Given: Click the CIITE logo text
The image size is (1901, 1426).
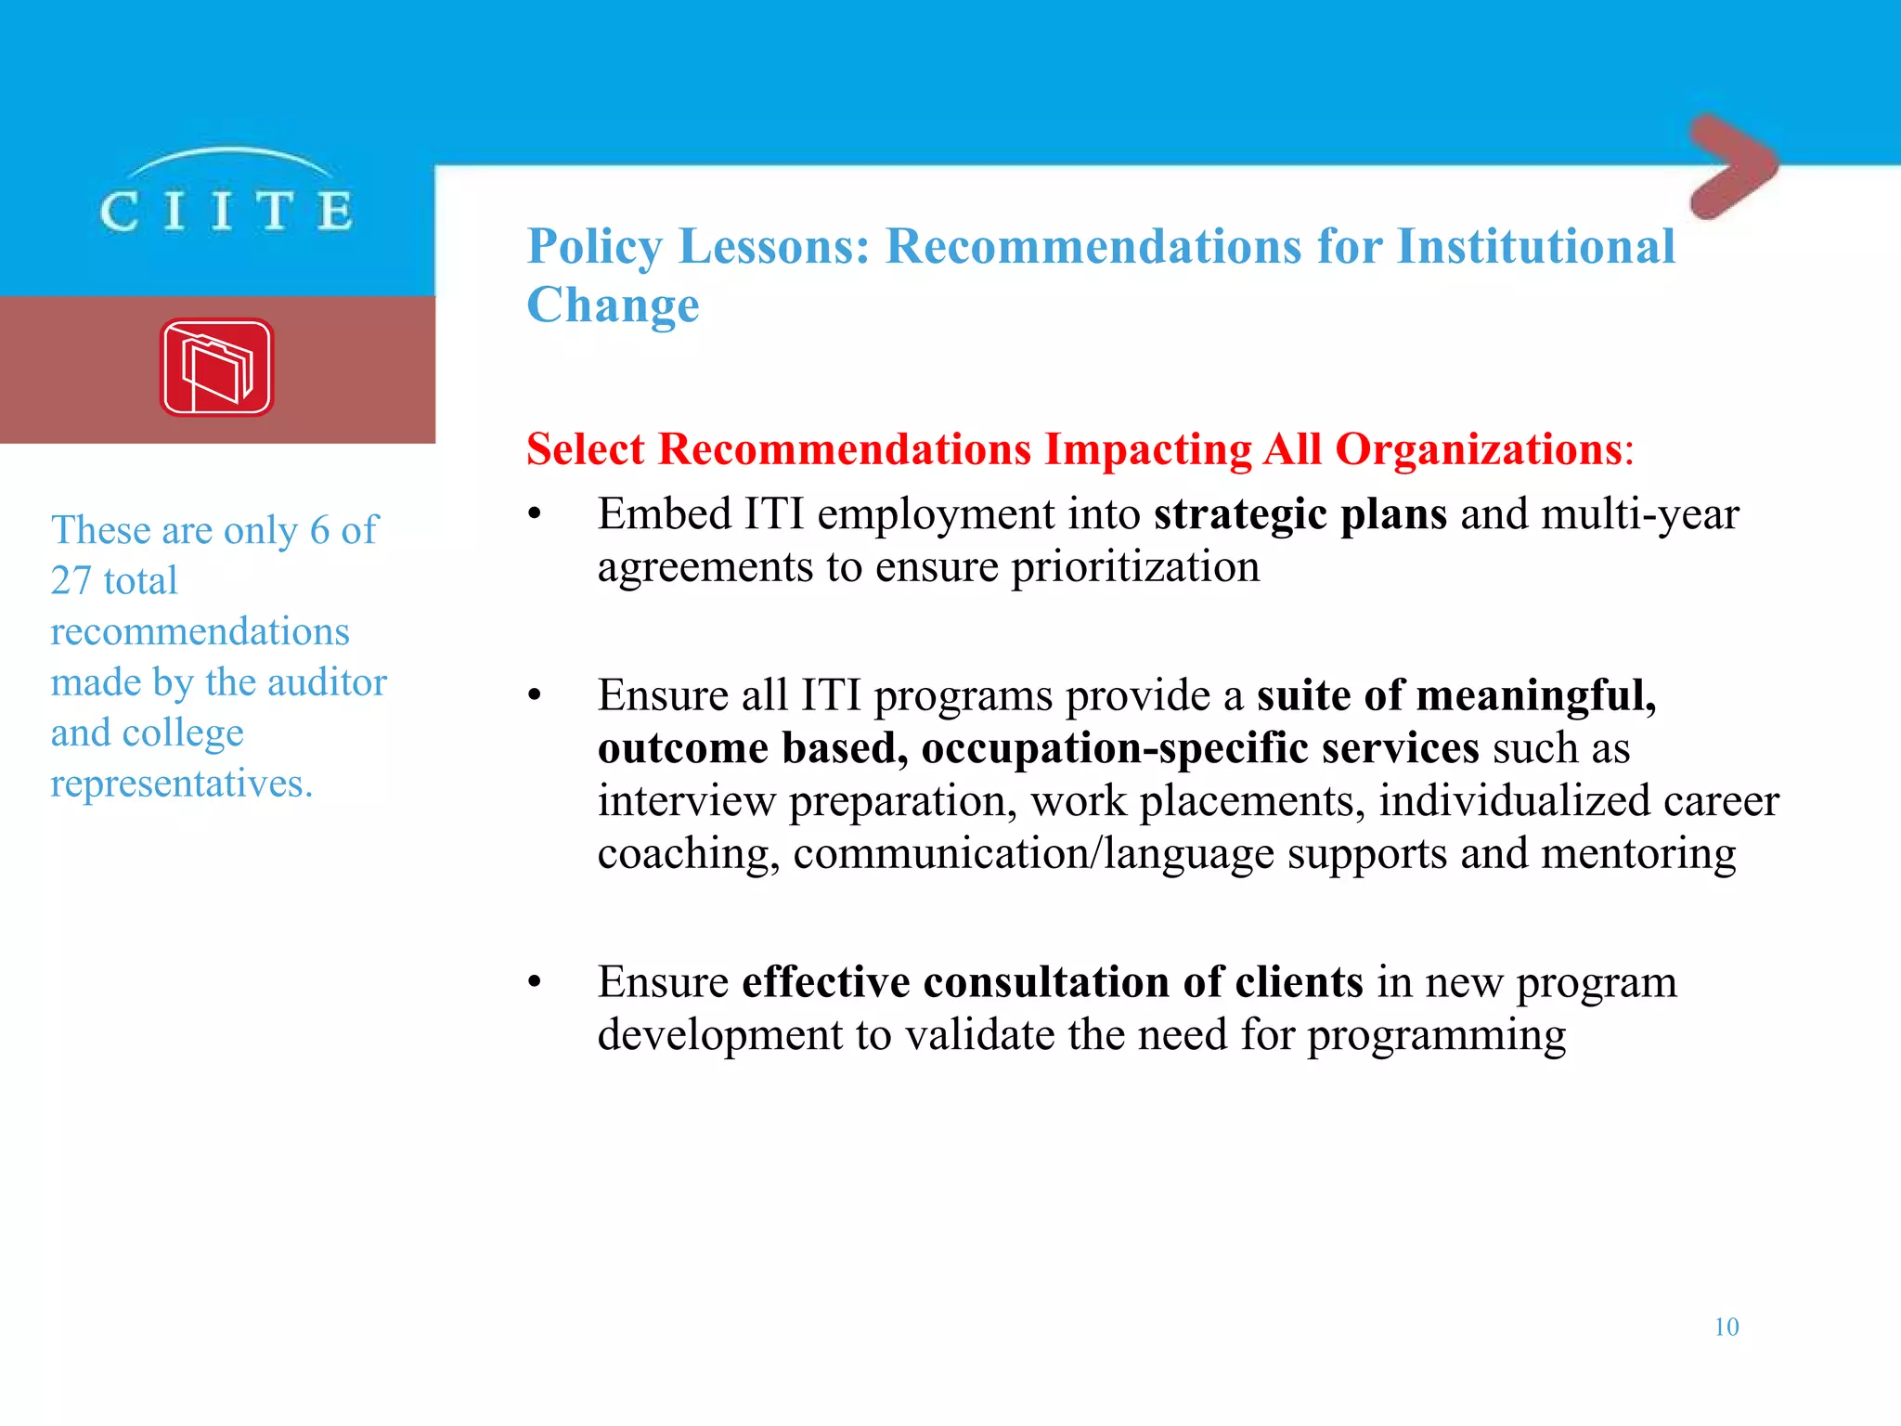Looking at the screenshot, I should [x=226, y=210].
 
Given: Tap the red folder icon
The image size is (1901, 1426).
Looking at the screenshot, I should [x=217, y=368].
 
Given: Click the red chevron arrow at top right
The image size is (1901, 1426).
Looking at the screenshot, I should [x=1732, y=167].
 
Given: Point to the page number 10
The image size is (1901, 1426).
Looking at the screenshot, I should [x=1726, y=1327].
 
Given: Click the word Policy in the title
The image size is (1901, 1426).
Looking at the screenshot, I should [x=595, y=248].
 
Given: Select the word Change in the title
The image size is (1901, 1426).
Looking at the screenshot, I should [x=613, y=305].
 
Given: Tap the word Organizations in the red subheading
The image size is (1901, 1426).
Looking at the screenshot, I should [x=1478, y=449].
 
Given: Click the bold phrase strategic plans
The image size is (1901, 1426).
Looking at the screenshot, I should [x=1300, y=514].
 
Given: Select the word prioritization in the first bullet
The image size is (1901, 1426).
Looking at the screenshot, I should [x=1135, y=567].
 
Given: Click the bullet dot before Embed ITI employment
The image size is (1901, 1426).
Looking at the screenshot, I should [x=534, y=514].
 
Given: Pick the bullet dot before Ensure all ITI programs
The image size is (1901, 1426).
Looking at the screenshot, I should [x=534, y=695].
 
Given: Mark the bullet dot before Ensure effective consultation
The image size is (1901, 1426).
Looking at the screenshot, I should [x=534, y=982].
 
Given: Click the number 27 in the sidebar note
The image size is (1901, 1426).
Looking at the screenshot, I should [x=71, y=581].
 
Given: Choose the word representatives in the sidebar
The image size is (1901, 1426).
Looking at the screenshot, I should [x=181, y=784].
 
